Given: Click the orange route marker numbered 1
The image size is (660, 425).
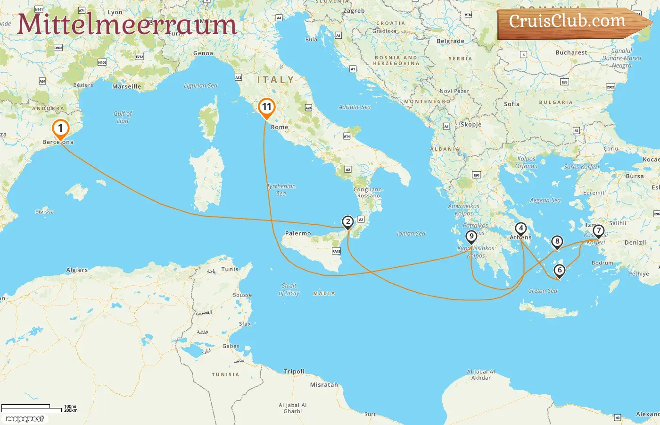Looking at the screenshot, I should point(60,128).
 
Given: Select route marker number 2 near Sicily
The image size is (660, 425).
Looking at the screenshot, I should point(347,221).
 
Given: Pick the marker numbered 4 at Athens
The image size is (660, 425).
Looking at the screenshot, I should point(520,229).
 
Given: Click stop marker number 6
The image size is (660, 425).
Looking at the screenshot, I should point(559,271).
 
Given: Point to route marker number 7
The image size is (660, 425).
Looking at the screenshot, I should point(598,231).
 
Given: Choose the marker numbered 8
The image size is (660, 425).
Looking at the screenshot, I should point(557,242).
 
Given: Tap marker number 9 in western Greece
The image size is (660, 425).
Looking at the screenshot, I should point(471,237).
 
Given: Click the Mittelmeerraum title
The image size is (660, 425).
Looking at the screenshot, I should point(126,25).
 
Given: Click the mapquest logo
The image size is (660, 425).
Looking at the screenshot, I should point(25,419).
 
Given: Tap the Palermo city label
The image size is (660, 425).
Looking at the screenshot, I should point(298,233).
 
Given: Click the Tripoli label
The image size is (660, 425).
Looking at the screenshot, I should point(294,371).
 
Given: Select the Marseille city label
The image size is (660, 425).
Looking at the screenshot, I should point(126,86).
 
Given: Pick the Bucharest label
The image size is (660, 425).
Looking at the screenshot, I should point(571,52).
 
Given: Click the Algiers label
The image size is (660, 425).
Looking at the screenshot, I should point(77,270).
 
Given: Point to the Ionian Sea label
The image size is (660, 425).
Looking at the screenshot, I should point(411,233).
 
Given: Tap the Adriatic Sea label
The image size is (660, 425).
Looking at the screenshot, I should point(355,107).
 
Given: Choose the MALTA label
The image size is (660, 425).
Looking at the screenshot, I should point(324,293).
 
